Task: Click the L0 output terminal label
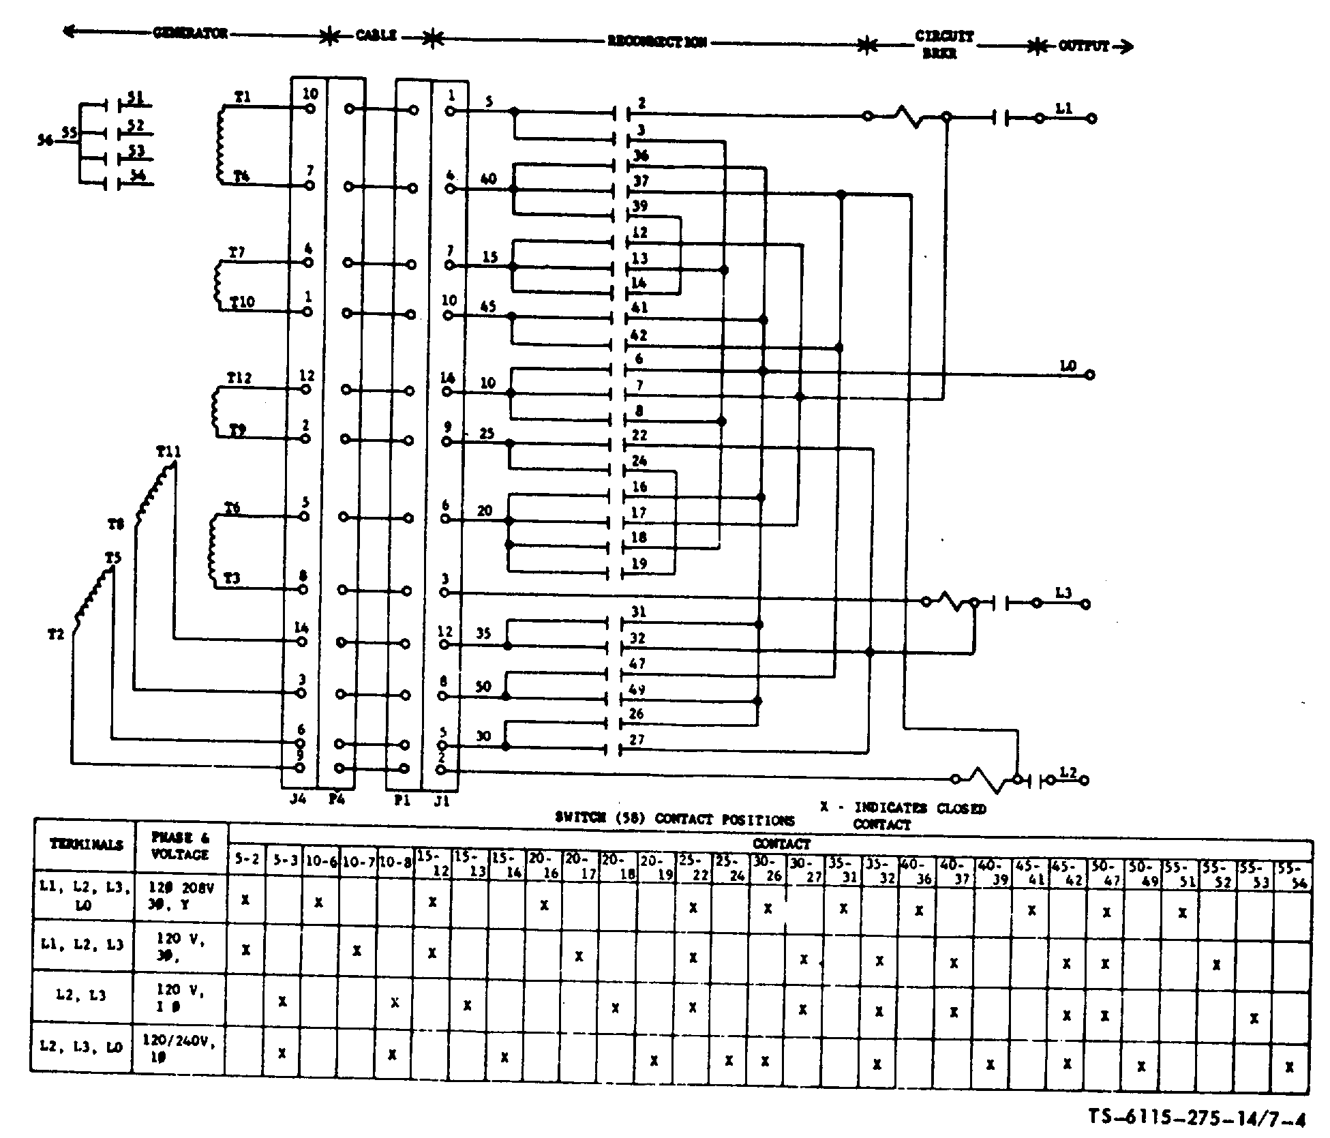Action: pos(1068,367)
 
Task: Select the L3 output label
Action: pos(1063,593)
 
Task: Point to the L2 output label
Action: pos(1068,773)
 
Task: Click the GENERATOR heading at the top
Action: pos(190,33)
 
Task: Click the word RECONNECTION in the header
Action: pos(656,42)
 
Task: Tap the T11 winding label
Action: pos(168,451)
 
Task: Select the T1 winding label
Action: pos(242,98)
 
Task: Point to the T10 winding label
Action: pos(242,301)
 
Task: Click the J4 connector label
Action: pos(299,799)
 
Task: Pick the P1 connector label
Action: pos(402,800)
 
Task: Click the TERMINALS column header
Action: pos(86,844)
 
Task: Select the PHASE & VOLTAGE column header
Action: pos(180,845)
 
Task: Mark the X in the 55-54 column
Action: pos(1289,1068)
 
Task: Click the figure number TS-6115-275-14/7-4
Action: pos(1196,1118)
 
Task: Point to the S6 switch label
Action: pos(45,140)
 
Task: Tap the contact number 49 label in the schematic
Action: pos(637,690)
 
